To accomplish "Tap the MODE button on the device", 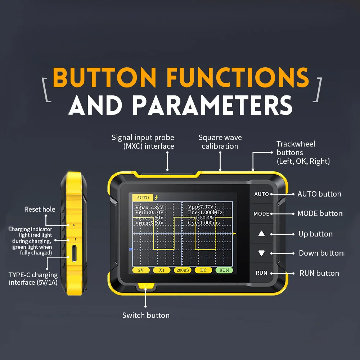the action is (x=261, y=213).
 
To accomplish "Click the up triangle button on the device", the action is (x=261, y=234).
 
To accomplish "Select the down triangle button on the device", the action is (x=261, y=253).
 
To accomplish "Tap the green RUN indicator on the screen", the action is (x=224, y=270).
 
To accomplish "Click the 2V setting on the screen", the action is (x=141, y=270).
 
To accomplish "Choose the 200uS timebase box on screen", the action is (x=182, y=270).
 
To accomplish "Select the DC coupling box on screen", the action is (x=203, y=270).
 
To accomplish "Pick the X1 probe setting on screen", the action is (x=162, y=270).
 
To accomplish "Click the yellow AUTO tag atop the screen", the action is (x=143, y=198).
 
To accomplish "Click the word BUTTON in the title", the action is (x=105, y=77).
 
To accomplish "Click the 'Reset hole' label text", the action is (x=40, y=209).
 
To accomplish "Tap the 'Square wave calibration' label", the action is (x=220, y=142).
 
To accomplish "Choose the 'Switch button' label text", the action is (x=146, y=315).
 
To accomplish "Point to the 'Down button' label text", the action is (x=321, y=253).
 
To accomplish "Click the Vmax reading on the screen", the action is (x=149, y=207).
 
